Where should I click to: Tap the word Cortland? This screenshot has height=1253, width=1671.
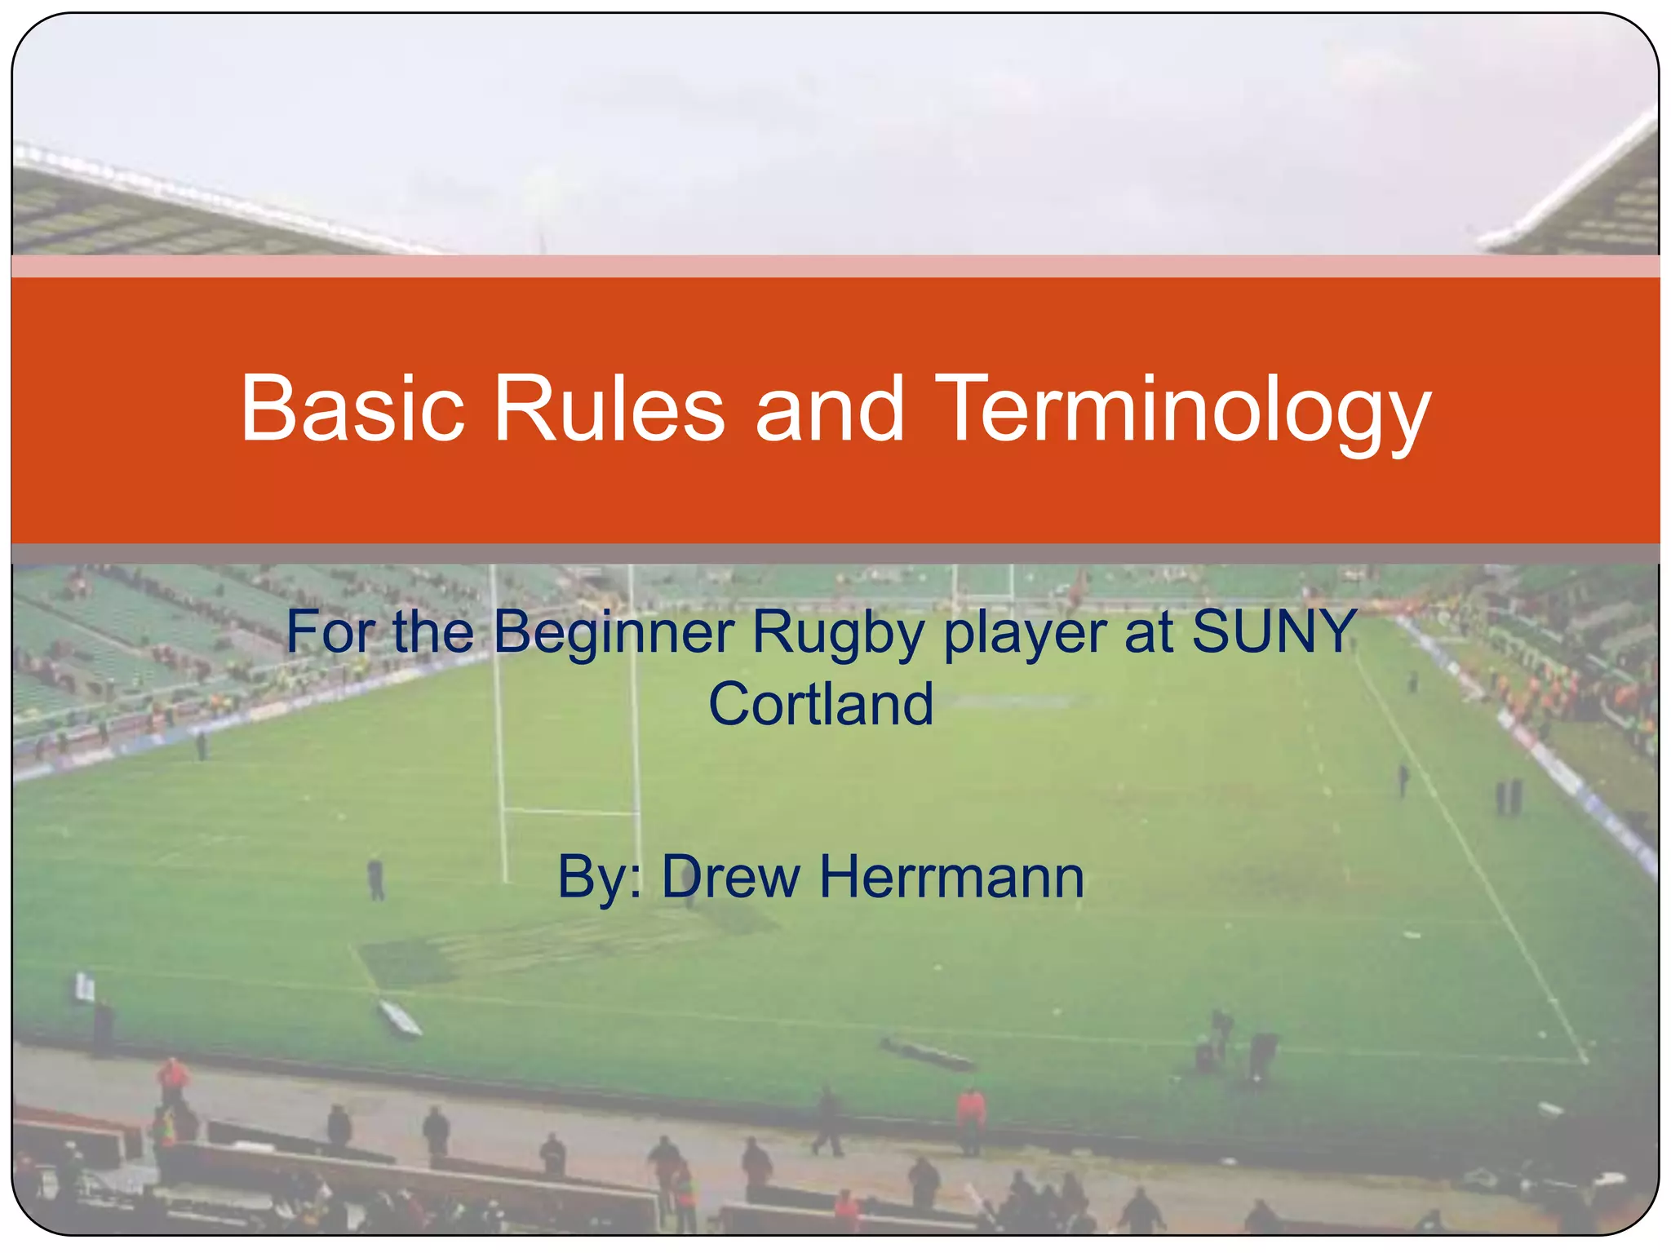(x=820, y=704)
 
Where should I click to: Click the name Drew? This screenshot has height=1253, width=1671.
(x=730, y=877)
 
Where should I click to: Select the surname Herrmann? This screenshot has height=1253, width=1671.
(x=951, y=877)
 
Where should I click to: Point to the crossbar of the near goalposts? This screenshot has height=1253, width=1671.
(x=570, y=811)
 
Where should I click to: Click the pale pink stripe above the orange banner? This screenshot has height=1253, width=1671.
(x=835, y=266)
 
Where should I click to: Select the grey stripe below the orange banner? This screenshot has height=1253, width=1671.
(x=835, y=554)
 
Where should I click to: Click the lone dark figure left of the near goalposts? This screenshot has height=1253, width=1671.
(x=375, y=879)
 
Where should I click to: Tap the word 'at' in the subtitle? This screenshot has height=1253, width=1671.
(x=1148, y=633)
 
